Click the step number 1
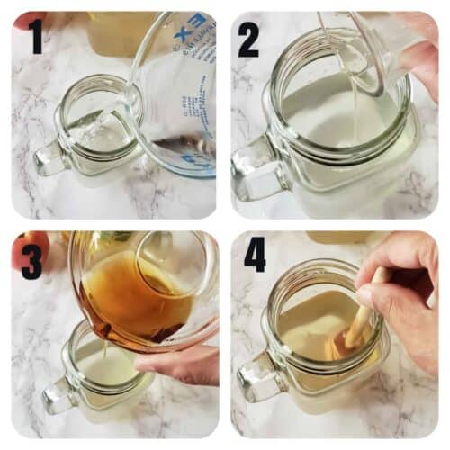36,39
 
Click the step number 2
249,40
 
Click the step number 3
31,258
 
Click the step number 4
255,255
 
